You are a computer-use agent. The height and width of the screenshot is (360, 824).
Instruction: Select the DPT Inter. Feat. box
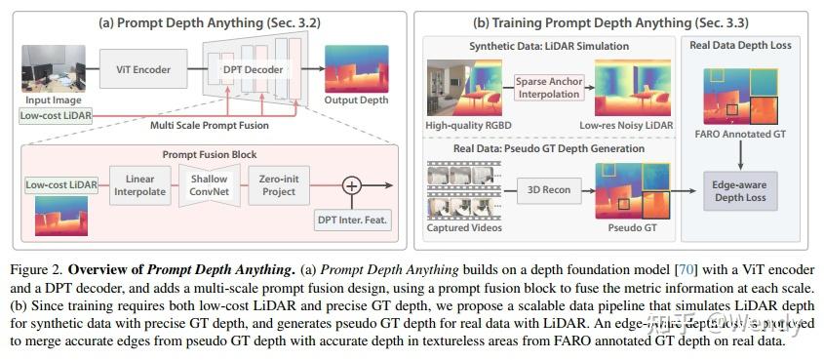click(353, 220)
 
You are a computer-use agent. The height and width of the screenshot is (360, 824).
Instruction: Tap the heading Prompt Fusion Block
click(210, 154)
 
